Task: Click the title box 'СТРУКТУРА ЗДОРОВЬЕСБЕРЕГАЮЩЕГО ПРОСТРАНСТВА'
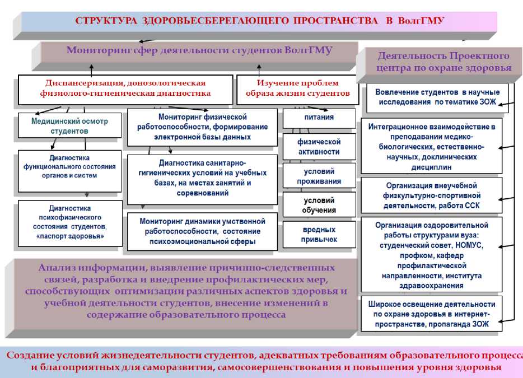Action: (x=259, y=21)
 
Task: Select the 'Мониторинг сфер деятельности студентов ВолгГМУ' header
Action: (x=199, y=50)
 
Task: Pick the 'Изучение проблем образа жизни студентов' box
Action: (x=297, y=88)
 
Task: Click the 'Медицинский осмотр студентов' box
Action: (x=69, y=126)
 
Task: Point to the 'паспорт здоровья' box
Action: (x=69, y=223)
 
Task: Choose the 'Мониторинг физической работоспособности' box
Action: (x=202, y=127)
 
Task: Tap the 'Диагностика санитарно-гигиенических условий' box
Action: (x=202, y=178)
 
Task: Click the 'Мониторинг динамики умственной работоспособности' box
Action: (x=202, y=231)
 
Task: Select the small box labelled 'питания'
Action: (x=319, y=118)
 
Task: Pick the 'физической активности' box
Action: (x=319, y=147)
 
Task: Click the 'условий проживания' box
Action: (x=319, y=176)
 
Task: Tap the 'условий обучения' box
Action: (x=319, y=206)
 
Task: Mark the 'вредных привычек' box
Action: (x=319, y=235)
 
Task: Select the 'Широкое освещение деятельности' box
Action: (x=431, y=314)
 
